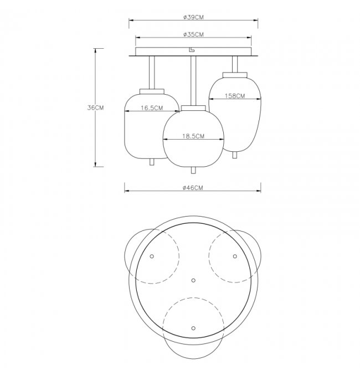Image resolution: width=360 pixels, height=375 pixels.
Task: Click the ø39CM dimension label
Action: click(x=193, y=17)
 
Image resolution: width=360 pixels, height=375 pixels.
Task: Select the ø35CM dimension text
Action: click(x=193, y=34)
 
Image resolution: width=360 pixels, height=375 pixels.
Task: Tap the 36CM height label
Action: click(x=95, y=107)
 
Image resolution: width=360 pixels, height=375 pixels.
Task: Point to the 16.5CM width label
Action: click(x=152, y=108)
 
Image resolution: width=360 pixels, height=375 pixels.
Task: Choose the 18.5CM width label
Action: click(x=193, y=136)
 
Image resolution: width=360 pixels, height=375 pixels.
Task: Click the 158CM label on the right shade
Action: click(x=235, y=96)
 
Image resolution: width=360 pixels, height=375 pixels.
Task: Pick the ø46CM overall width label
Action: click(x=193, y=188)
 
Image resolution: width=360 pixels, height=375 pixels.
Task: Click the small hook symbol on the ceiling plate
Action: click(x=192, y=50)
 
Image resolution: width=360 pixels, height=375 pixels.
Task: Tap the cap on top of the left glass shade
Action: click(x=152, y=91)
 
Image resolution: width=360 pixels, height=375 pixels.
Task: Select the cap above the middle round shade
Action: click(x=193, y=108)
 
